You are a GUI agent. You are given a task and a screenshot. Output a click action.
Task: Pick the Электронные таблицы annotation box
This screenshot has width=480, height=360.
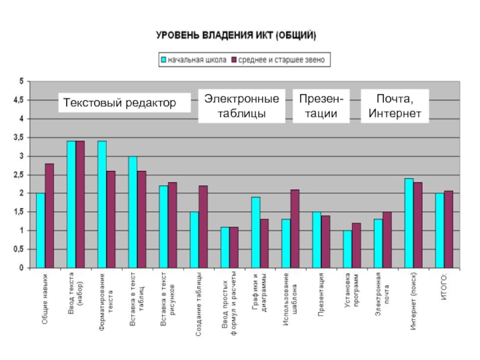[241, 106]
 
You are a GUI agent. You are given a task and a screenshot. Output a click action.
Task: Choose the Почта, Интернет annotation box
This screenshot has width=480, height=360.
[394, 106]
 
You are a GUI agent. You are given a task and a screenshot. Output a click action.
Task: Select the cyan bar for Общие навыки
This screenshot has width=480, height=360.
[40, 230]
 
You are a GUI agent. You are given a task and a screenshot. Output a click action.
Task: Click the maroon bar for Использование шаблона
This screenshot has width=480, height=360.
[295, 229]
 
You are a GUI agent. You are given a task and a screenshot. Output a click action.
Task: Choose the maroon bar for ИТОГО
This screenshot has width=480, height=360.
[449, 229]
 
